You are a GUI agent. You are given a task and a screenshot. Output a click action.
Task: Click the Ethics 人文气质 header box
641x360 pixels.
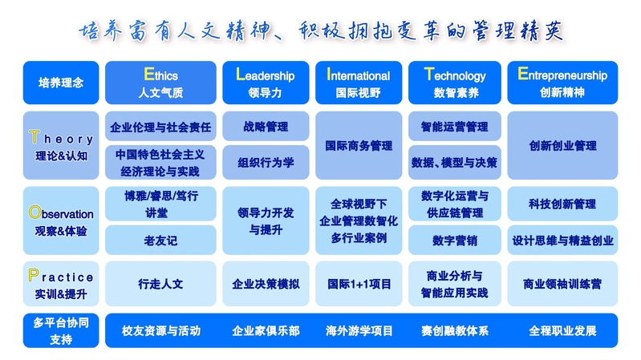[x=160, y=83]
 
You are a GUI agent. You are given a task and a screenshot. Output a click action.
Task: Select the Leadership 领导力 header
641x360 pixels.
[x=266, y=83]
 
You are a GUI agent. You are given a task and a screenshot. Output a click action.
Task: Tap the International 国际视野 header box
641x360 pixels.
[x=359, y=83]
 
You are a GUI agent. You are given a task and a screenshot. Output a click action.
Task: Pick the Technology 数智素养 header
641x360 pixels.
[x=455, y=83]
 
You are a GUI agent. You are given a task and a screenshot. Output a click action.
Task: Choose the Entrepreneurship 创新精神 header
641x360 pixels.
[x=562, y=83]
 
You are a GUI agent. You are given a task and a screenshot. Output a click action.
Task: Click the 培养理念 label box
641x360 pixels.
[x=61, y=83]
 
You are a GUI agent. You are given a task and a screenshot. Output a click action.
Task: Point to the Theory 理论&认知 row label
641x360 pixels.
[x=61, y=145]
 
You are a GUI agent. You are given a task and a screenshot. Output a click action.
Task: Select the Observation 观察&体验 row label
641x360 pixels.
[x=61, y=220]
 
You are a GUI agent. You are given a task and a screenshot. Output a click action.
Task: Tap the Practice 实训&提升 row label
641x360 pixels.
[x=61, y=284]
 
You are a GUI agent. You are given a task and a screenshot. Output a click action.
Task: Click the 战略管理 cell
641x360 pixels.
[x=266, y=126]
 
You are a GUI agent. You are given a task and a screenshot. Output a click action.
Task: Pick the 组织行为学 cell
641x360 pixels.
[x=266, y=162]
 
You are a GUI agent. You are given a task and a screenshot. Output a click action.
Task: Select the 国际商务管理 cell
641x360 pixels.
[x=359, y=145]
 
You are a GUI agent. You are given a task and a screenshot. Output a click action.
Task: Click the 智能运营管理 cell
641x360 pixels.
[x=455, y=126]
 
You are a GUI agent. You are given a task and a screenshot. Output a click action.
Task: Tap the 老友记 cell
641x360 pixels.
[x=160, y=240]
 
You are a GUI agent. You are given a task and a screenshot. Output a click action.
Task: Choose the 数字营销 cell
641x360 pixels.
[x=455, y=240]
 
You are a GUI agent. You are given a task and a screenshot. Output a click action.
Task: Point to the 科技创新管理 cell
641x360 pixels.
[x=562, y=204]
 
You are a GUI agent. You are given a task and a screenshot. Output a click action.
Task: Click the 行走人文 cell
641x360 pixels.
[x=160, y=284]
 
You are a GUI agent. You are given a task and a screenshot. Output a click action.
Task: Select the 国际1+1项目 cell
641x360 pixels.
[x=359, y=284]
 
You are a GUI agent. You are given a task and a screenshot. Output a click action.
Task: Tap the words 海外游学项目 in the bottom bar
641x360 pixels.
[x=359, y=330]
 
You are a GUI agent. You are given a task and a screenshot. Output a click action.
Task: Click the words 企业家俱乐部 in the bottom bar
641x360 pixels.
[x=266, y=330]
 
